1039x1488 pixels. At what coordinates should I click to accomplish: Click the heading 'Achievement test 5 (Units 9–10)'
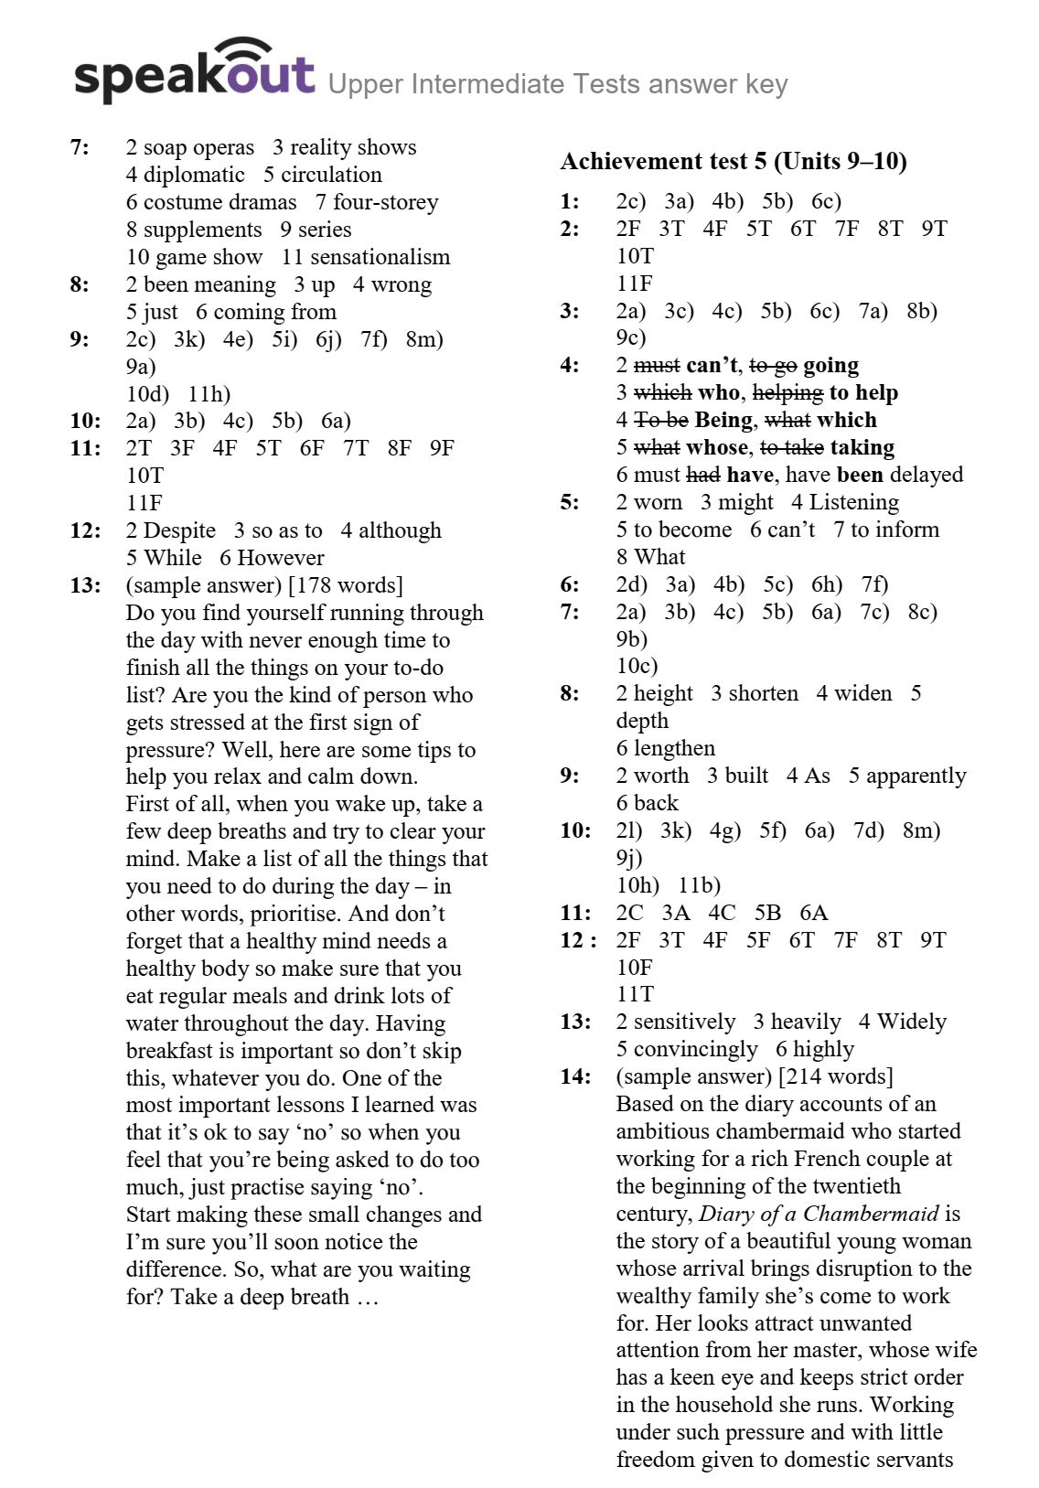734,162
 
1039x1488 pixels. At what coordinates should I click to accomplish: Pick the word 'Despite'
179,530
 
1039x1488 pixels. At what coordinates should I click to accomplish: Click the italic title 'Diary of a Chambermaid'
819,1214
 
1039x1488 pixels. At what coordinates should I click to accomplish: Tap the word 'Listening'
854,502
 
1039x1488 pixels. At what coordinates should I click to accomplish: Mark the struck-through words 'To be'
661,420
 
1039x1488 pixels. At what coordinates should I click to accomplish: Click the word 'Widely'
911,1022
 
